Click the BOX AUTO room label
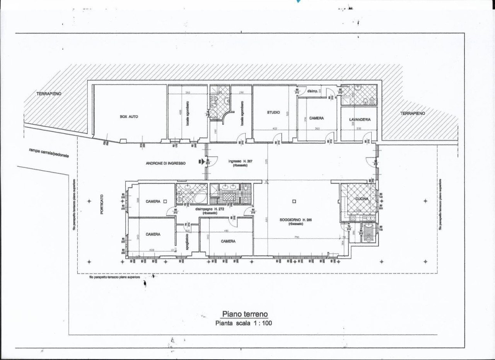[129, 116]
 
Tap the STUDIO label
[273, 112]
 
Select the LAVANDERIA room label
[360, 120]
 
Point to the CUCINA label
[362, 199]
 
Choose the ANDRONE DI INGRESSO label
[166, 163]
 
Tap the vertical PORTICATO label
[102, 205]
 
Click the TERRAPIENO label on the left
[49, 94]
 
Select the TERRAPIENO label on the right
[413, 113]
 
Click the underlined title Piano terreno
[244, 314]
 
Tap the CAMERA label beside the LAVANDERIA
[316, 118]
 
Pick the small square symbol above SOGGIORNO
[294, 201]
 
